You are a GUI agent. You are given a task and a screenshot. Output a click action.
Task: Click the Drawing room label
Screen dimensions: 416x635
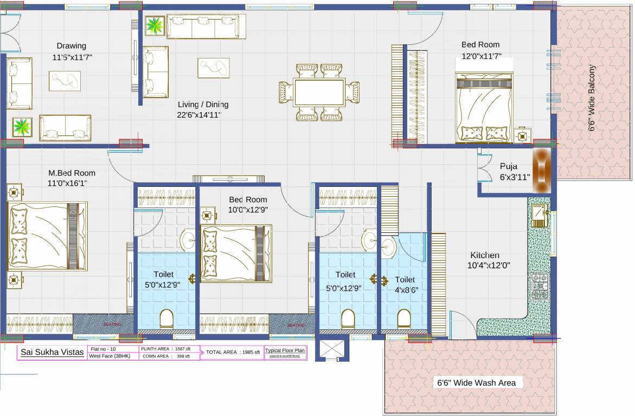coord(72,46)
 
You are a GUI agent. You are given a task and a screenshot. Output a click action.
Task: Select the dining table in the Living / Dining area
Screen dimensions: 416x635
coord(319,92)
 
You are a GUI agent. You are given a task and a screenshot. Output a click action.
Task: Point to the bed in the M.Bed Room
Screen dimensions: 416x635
coord(47,236)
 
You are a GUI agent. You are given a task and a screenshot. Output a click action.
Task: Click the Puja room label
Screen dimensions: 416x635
coord(509,166)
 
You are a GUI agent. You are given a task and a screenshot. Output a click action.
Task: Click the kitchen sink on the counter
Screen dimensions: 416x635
coord(539,216)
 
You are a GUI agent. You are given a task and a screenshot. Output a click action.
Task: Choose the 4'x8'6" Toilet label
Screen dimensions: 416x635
coord(405,279)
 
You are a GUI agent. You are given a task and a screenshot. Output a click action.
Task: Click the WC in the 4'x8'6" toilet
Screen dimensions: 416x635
coord(405,318)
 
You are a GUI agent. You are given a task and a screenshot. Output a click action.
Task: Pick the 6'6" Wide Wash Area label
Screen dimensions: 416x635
coord(476,383)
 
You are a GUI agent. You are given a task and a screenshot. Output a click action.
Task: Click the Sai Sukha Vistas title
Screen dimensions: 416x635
coord(52,353)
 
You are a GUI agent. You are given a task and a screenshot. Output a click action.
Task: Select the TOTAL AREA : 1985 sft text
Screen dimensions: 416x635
coord(233,352)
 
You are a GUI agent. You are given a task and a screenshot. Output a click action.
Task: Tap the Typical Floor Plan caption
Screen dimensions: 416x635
coord(285,350)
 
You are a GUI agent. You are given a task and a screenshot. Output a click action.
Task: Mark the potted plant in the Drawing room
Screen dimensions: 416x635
coord(22,128)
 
